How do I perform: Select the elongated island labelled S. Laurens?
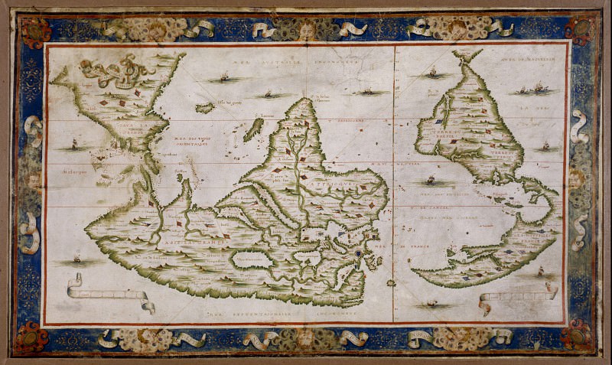coord(253,129)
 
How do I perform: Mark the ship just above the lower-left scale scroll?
coord(76,259)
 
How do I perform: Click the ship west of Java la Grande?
coord(74,143)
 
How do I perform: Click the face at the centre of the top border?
coord(305,29)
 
